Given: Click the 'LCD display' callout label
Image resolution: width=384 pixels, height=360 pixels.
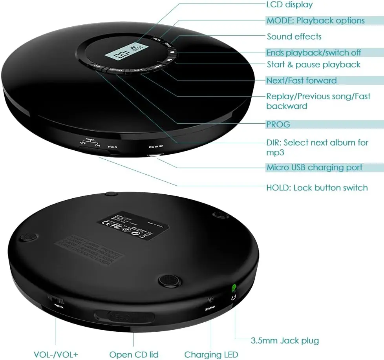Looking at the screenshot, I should (x=289, y=5).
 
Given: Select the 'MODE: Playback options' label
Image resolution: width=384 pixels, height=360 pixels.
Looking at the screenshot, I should (x=315, y=21).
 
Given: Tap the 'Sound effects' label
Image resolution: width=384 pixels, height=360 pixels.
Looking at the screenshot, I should (x=294, y=37).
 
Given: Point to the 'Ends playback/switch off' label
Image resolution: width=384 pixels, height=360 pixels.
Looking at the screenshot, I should (x=313, y=53).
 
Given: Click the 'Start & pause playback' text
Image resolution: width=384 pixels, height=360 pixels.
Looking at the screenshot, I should (x=313, y=64).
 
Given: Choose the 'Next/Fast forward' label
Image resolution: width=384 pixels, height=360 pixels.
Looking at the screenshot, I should (x=301, y=80).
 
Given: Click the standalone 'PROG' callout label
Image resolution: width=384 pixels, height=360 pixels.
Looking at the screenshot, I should (x=278, y=124).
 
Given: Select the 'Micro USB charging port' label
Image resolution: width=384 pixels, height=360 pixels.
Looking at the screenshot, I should (x=314, y=168).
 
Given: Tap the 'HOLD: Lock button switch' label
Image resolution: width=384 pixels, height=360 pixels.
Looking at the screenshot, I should (x=317, y=188).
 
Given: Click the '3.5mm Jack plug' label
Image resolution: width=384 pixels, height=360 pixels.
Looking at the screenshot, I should (x=285, y=340).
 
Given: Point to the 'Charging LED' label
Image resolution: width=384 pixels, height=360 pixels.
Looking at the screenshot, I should (x=211, y=355).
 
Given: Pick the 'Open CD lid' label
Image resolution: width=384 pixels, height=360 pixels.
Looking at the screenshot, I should (x=133, y=355).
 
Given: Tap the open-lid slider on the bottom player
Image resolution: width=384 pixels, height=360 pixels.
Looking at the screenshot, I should (x=124, y=316).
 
